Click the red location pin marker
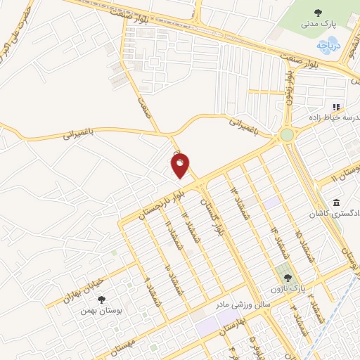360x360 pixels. (x=180, y=166)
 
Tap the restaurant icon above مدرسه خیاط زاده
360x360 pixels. (x=336, y=107)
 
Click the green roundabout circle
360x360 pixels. (x=287, y=134)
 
